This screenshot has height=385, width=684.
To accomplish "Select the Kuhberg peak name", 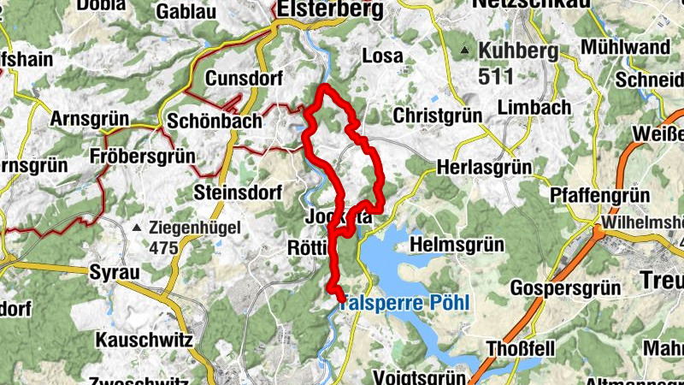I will tap(519, 50).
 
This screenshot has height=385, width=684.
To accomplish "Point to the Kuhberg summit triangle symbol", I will tap(464, 50).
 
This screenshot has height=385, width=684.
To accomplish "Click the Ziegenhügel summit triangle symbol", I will tap(137, 228).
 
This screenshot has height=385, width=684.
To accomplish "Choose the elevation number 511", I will tap(496, 76).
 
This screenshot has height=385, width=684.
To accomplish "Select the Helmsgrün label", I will tap(456, 245).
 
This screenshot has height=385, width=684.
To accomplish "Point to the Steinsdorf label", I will tap(239, 192).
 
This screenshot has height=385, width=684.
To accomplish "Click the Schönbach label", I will tap(215, 121).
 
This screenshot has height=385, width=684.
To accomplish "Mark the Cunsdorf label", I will tap(244, 79).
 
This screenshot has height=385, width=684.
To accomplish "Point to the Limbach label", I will tap(534, 107).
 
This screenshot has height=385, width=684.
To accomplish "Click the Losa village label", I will tap(382, 56).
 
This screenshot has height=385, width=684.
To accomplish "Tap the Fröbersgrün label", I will tap(141, 157).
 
